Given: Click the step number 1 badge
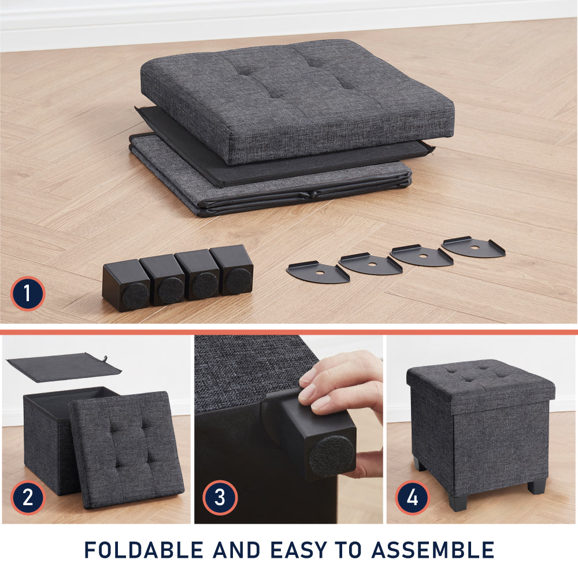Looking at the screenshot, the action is [27, 294].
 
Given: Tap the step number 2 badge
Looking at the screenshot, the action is [28, 497].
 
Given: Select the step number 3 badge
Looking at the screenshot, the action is [220, 497].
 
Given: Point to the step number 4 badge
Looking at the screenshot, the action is [413, 497].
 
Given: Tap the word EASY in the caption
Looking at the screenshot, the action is [298, 550].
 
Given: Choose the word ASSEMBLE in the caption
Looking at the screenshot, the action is [433, 550].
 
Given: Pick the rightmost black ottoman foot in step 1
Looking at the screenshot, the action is [232, 270].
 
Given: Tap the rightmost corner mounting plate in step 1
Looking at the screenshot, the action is [473, 247].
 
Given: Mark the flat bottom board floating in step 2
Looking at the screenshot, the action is [64, 367].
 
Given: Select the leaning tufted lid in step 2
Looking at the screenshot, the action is [127, 450].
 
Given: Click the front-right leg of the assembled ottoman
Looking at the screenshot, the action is [537, 487].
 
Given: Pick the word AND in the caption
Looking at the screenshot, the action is [236, 550].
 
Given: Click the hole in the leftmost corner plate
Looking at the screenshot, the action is [320, 272].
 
